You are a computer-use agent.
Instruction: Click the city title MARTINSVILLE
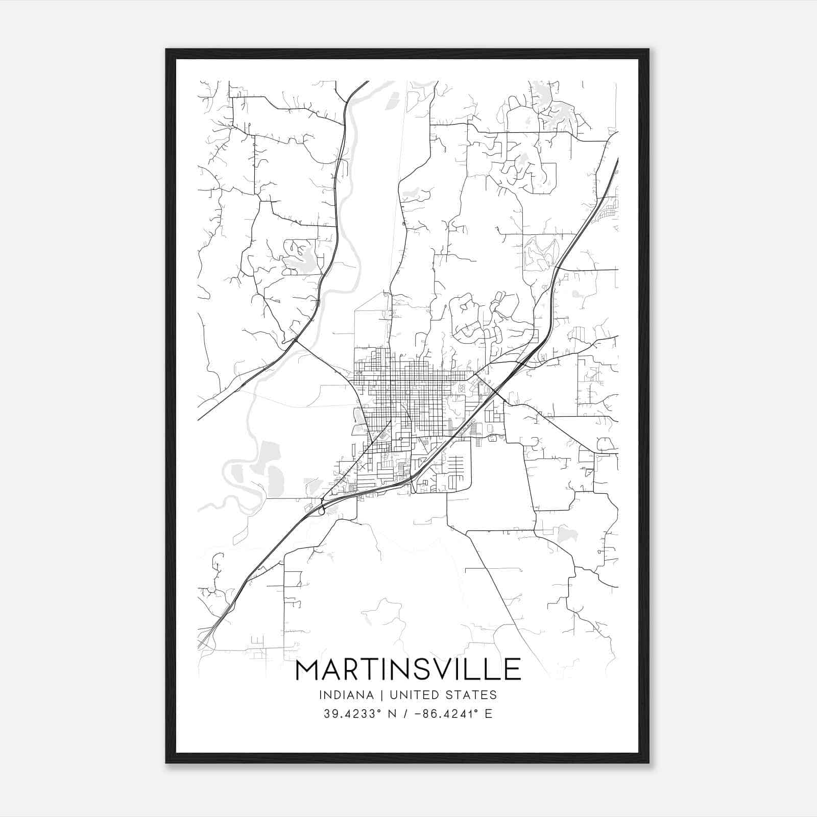pyautogui.click(x=408, y=669)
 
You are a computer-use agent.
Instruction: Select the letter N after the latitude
pyautogui.click(x=392, y=713)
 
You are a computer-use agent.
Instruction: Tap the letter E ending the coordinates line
pyautogui.click(x=488, y=713)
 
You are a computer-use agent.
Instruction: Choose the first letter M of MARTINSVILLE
pyautogui.click(x=307, y=669)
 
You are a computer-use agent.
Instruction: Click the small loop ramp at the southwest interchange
pyautogui.click(x=321, y=510)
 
